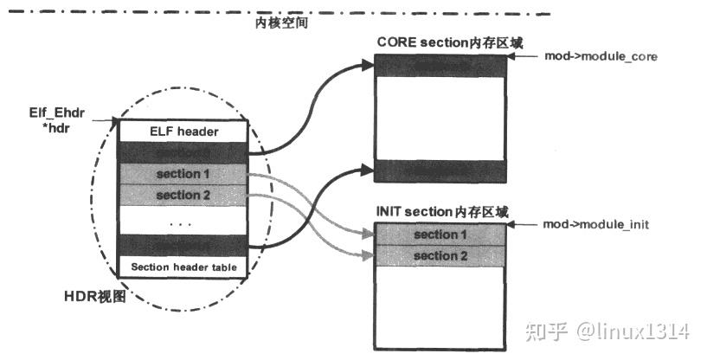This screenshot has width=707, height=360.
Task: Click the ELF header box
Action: (183, 132)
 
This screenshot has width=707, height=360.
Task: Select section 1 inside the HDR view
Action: (183, 174)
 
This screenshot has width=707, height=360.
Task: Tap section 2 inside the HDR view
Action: (183, 195)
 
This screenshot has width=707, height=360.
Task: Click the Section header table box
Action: (183, 267)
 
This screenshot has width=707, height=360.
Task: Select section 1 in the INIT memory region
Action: (439, 235)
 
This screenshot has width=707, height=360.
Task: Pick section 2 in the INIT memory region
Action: (439, 255)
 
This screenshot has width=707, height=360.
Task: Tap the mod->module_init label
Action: (596, 224)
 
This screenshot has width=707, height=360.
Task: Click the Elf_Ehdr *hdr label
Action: (54, 119)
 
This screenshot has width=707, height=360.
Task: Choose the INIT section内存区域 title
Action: (442, 210)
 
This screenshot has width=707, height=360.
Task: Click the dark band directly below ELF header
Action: (183, 151)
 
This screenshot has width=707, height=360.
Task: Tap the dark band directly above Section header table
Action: (183, 245)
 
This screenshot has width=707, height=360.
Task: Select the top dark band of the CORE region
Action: (439, 67)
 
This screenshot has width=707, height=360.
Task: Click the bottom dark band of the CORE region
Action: (439, 170)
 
